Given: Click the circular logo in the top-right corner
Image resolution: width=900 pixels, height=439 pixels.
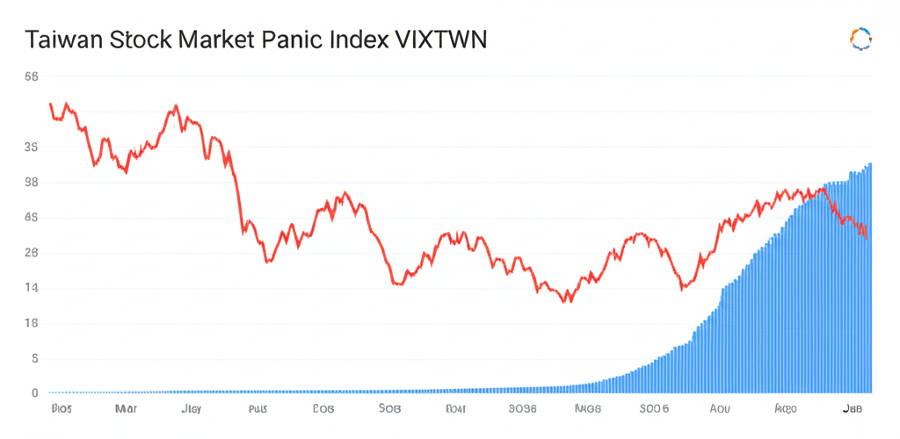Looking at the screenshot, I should (860, 39).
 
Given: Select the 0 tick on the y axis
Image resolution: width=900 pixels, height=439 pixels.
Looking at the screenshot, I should (34, 393).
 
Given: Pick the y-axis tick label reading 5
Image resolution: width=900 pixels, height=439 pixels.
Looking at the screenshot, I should (34, 358).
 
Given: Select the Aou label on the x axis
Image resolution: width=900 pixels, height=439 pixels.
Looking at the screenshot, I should (719, 409).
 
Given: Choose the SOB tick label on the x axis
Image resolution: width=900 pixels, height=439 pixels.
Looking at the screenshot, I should (389, 409).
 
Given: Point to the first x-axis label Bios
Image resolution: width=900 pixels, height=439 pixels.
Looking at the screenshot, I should (62, 409).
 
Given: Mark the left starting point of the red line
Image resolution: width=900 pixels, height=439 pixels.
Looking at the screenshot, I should (50, 104).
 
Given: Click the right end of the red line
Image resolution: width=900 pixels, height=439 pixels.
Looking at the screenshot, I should (867, 238).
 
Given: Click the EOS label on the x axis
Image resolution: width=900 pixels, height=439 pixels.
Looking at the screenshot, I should (323, 409).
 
